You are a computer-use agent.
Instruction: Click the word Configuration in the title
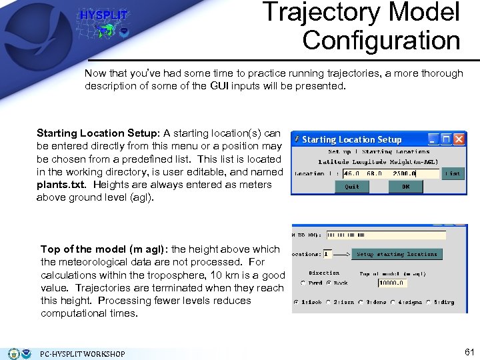(x=381, y=40)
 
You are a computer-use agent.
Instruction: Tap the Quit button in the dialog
(x=352, y=187)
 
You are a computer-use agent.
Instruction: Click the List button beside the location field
(x=453, y=174)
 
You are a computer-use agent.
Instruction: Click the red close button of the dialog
(x=459, y=139)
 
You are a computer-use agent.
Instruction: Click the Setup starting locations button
(x=397, y=254)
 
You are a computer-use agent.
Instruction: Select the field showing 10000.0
(x=391, y=283)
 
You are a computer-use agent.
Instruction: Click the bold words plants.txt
(x=62, y=185)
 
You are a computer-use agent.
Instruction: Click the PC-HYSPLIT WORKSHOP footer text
(x=82, y=353)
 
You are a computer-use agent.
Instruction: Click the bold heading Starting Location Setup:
(x=98, y=134)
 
